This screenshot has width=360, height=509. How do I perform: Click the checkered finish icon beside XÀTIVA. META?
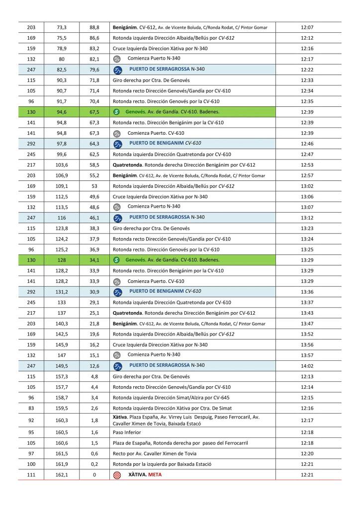click(x=117, y=475)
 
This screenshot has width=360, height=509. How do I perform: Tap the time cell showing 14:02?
click(x=307, y=365)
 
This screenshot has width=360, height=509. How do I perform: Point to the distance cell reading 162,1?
click(x=62, y=475)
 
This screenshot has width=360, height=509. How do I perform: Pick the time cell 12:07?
click(x=307, y=27)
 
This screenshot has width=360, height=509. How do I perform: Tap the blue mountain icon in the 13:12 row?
click(x=117, y=217)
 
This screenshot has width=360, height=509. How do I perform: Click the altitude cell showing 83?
click(x=31, y=408)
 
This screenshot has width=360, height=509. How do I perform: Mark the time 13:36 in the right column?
click(x=307, y=291)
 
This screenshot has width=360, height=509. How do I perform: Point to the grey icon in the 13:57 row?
click(x=117, y=355)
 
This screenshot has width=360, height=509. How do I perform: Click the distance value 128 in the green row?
click(x=62, y=259)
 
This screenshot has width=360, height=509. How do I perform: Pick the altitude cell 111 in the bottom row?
click(x=31, y=475)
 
